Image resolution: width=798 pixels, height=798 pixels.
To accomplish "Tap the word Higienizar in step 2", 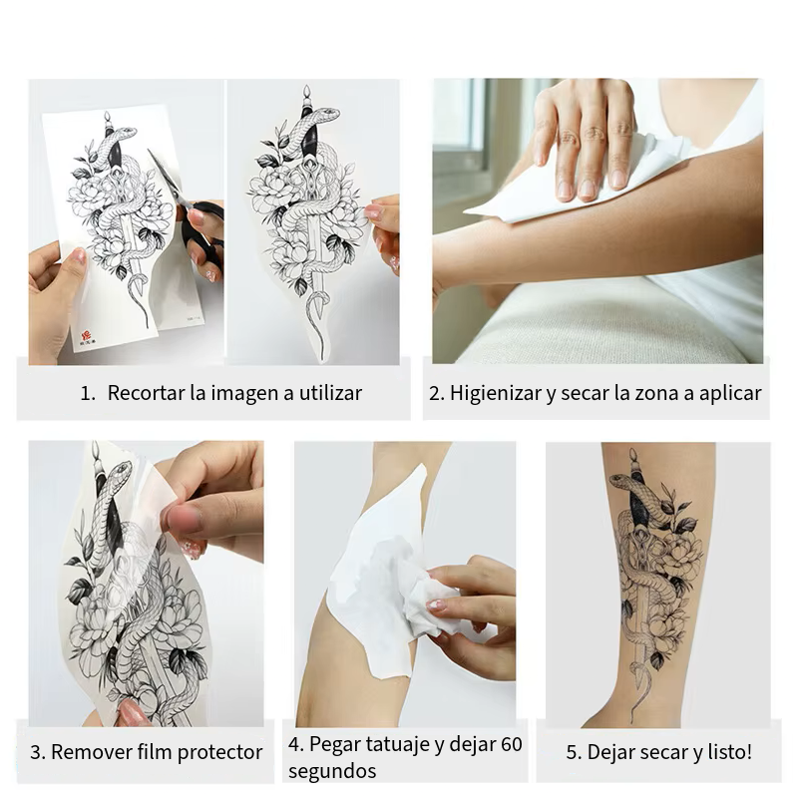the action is (495, 393).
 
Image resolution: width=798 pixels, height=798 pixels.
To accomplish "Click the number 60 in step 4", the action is (512, 744).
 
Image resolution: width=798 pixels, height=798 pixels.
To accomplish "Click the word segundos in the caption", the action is (332, 771).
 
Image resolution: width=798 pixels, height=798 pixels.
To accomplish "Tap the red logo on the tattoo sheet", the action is (86, 336).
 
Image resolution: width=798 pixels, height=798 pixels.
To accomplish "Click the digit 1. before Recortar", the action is (88, 393).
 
